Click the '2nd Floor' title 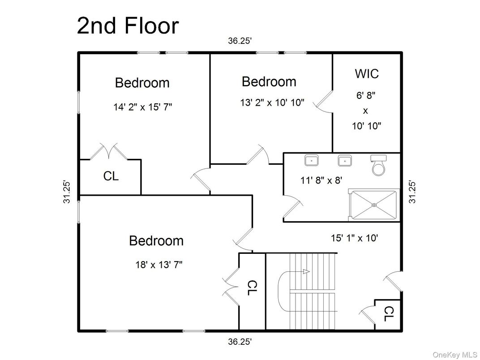click(128, 26)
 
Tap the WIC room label click(367, 74)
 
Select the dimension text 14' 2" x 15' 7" click(142, 107)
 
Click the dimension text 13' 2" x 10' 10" click(272, 103)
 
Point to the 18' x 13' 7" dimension click(159, 265)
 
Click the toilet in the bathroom click(378, 166)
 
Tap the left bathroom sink click(311, 160)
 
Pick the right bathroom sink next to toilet click(344, 160)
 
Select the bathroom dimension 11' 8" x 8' click(321, 180)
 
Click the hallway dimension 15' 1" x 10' click(355, 238)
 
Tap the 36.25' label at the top click(240, 41)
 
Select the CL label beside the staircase click(252, 288)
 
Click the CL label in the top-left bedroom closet click(111, 176)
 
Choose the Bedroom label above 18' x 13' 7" click(156, 241)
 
